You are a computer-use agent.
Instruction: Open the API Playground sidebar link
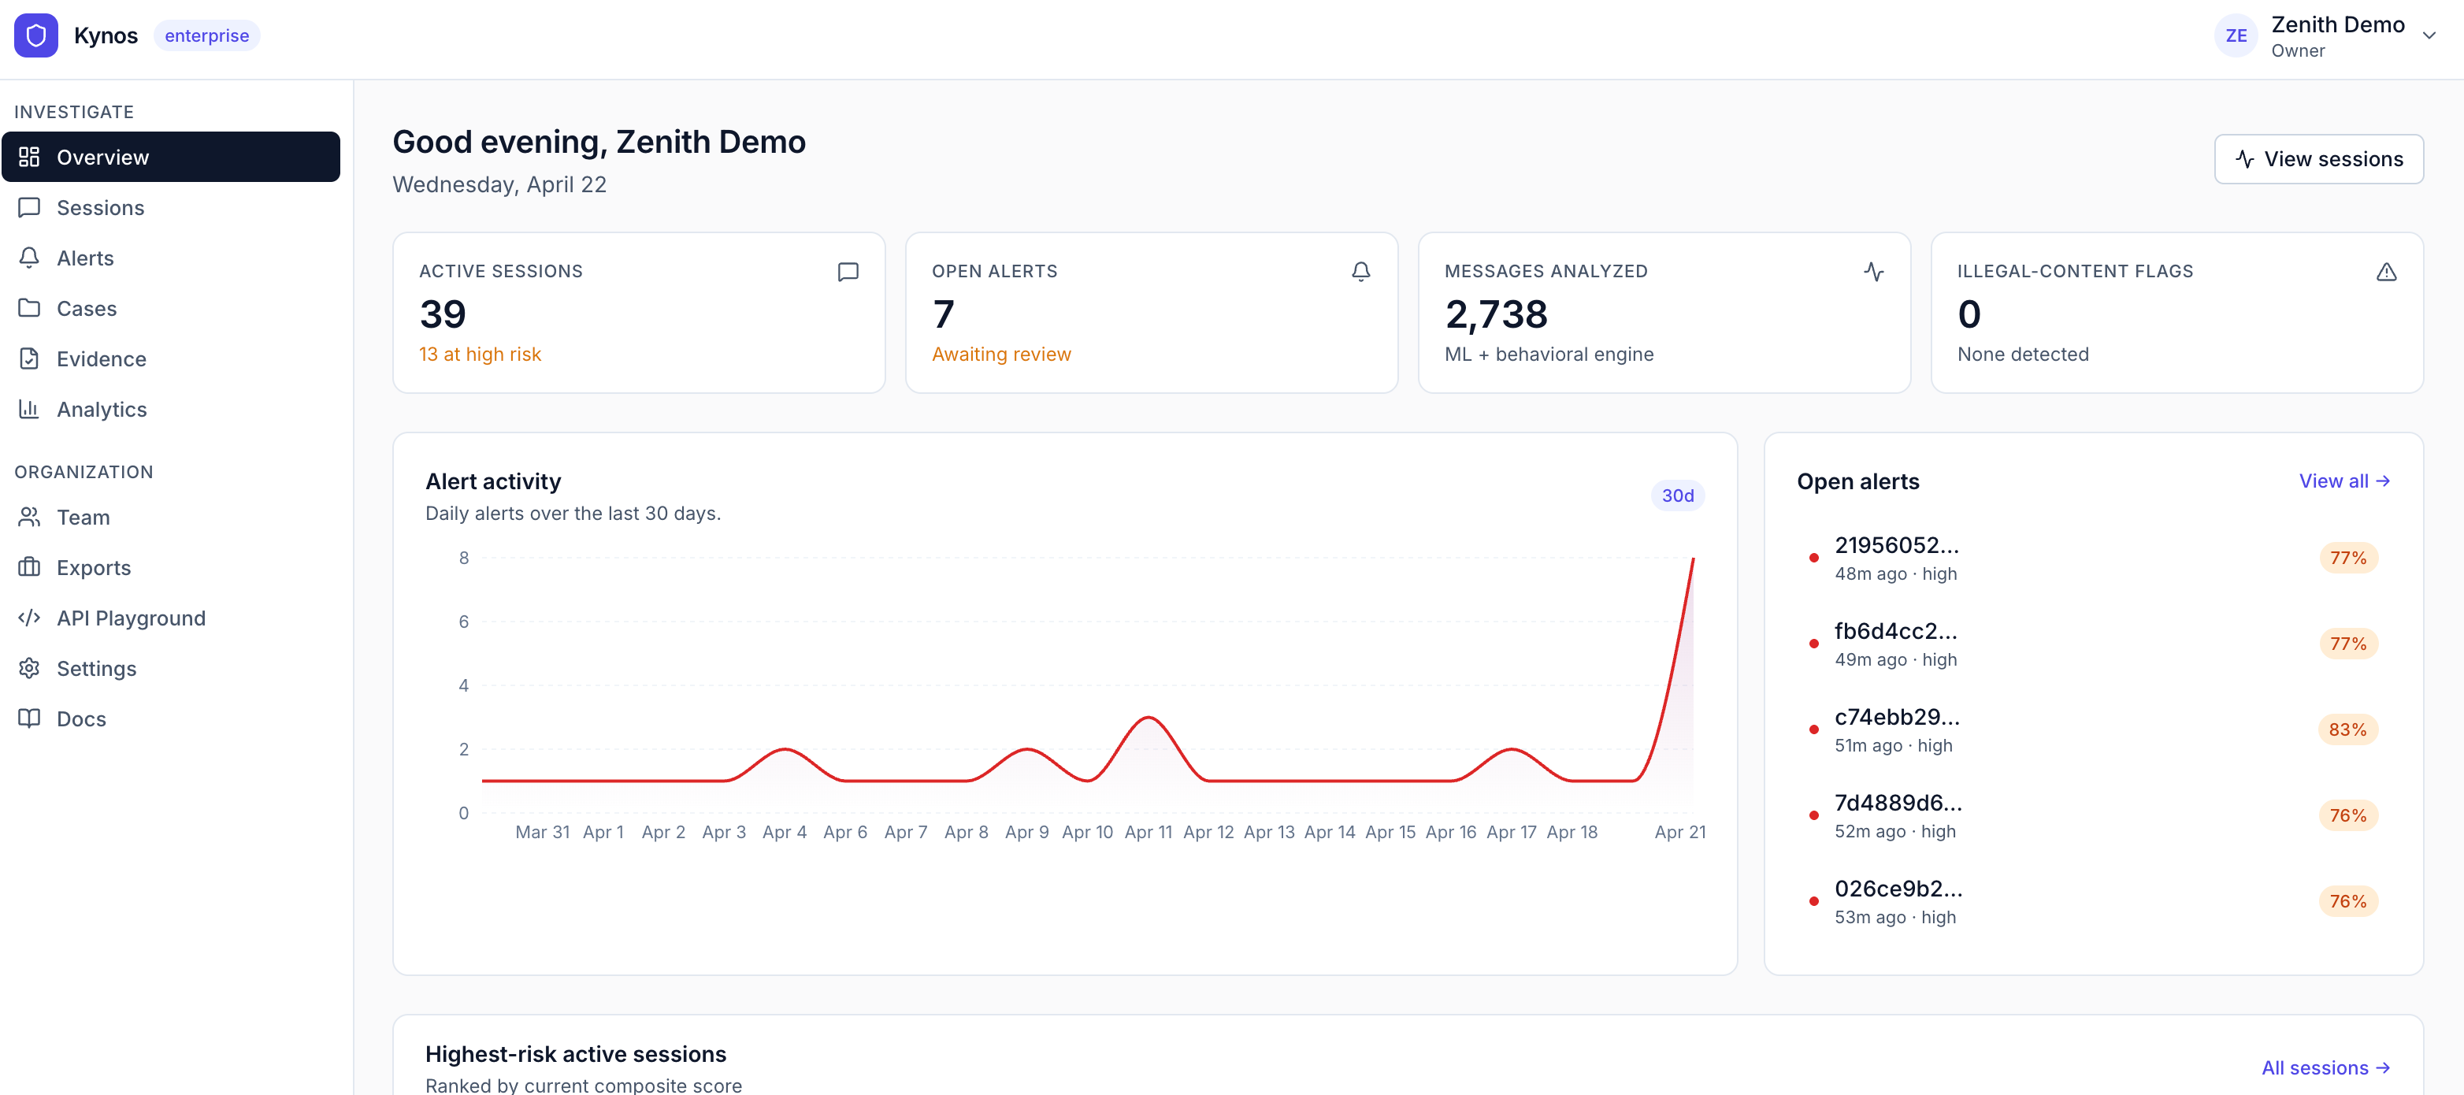pos(130,618)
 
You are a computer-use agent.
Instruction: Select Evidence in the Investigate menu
pos(101,358)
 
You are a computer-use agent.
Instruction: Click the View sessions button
pos(2317,159)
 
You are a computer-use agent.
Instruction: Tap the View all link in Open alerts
pos(2343,481)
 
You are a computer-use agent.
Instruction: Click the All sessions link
pos(2325,1067)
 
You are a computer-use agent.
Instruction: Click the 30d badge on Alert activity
pos(1677,496)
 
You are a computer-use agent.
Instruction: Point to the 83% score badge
pos(2347,729)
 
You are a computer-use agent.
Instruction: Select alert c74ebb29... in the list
pos(1896,717)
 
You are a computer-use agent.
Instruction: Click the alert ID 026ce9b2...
pos(1897,889)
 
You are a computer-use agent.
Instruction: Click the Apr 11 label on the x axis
pos(1148,832)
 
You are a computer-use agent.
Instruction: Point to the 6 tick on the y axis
pos(464,622)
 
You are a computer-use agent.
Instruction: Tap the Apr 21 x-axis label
pos(1679,832)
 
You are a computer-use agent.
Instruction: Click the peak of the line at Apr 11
pos(1148,717)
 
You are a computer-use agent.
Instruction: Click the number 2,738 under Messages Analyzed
pos(1495,314)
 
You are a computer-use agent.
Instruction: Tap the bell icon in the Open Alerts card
pos(1360,272)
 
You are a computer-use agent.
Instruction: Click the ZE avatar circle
pos(2236,35)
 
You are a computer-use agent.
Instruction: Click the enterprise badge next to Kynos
pos(206,35)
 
